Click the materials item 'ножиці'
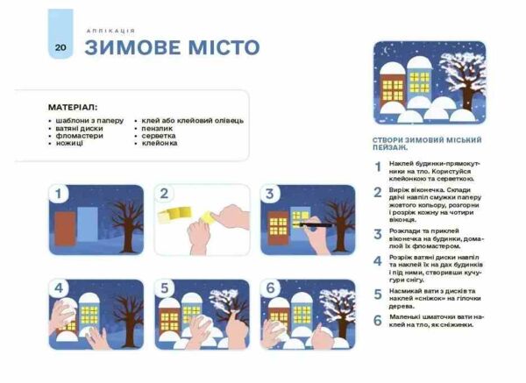(68, 143)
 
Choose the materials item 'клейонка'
(160, 143)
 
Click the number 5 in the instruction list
(378, 294)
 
